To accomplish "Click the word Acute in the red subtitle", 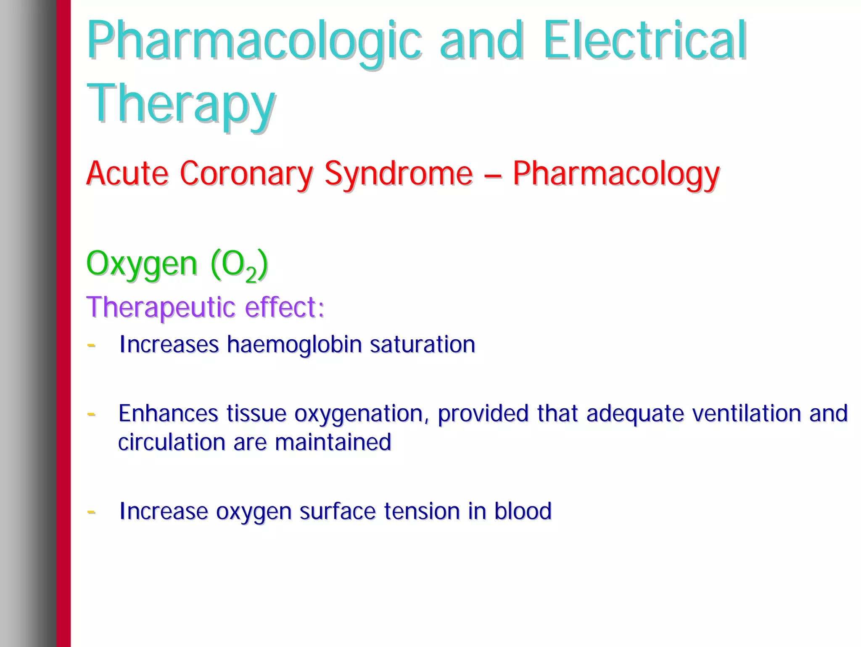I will (127, 173).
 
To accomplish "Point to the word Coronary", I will (246, 173).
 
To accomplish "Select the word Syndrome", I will (398, 173).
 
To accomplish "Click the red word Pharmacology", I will (616, 173).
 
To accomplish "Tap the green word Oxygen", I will (142, 264).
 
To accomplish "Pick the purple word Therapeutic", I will (161, 307).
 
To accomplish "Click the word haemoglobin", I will (294, 345).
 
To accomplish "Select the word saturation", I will (422, 345).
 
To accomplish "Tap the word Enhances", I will (168, 413).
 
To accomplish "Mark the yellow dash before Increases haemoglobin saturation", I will (91, 346).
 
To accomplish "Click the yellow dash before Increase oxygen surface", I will (91, 512).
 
